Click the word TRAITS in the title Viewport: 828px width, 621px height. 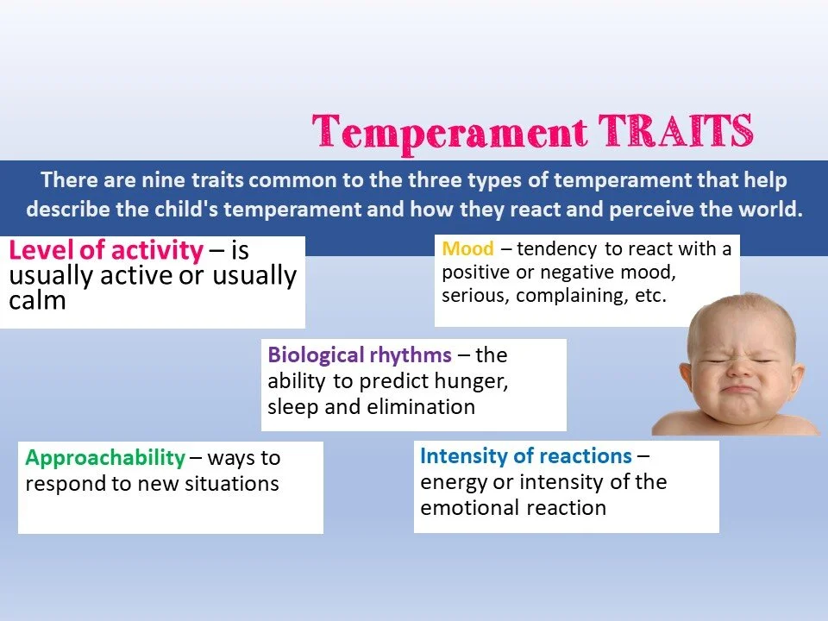pyautogui.click(x=675, y=130)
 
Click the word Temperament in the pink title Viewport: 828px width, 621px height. pyautogui.click(x=449, y=133)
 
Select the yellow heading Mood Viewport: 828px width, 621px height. pyautogui.click(x=467, y=248)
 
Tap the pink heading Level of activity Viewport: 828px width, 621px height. pyautogui.click(x=106, y=250)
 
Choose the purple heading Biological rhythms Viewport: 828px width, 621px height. pyautogui.click(x=360, y=355)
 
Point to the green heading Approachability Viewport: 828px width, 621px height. pyautogui.click(x=105, y=458)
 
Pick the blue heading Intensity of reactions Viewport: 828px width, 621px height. pyautogui.click(x=526, y=455)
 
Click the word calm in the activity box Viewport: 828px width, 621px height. pyautogui.click(x=37, y=300)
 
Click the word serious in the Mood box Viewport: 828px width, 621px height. pyautogui.click(x=475, y=295)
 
